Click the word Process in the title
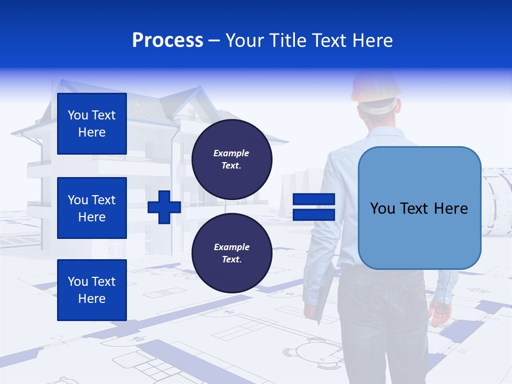167,41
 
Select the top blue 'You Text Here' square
92,124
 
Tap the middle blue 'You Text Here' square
92,208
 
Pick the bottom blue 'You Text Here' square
92,290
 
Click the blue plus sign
164,207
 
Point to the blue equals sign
314,207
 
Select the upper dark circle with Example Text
231,159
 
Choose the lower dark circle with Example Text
231,253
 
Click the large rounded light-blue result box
419,208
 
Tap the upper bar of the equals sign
314,199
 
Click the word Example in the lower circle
231,247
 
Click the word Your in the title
244,41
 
